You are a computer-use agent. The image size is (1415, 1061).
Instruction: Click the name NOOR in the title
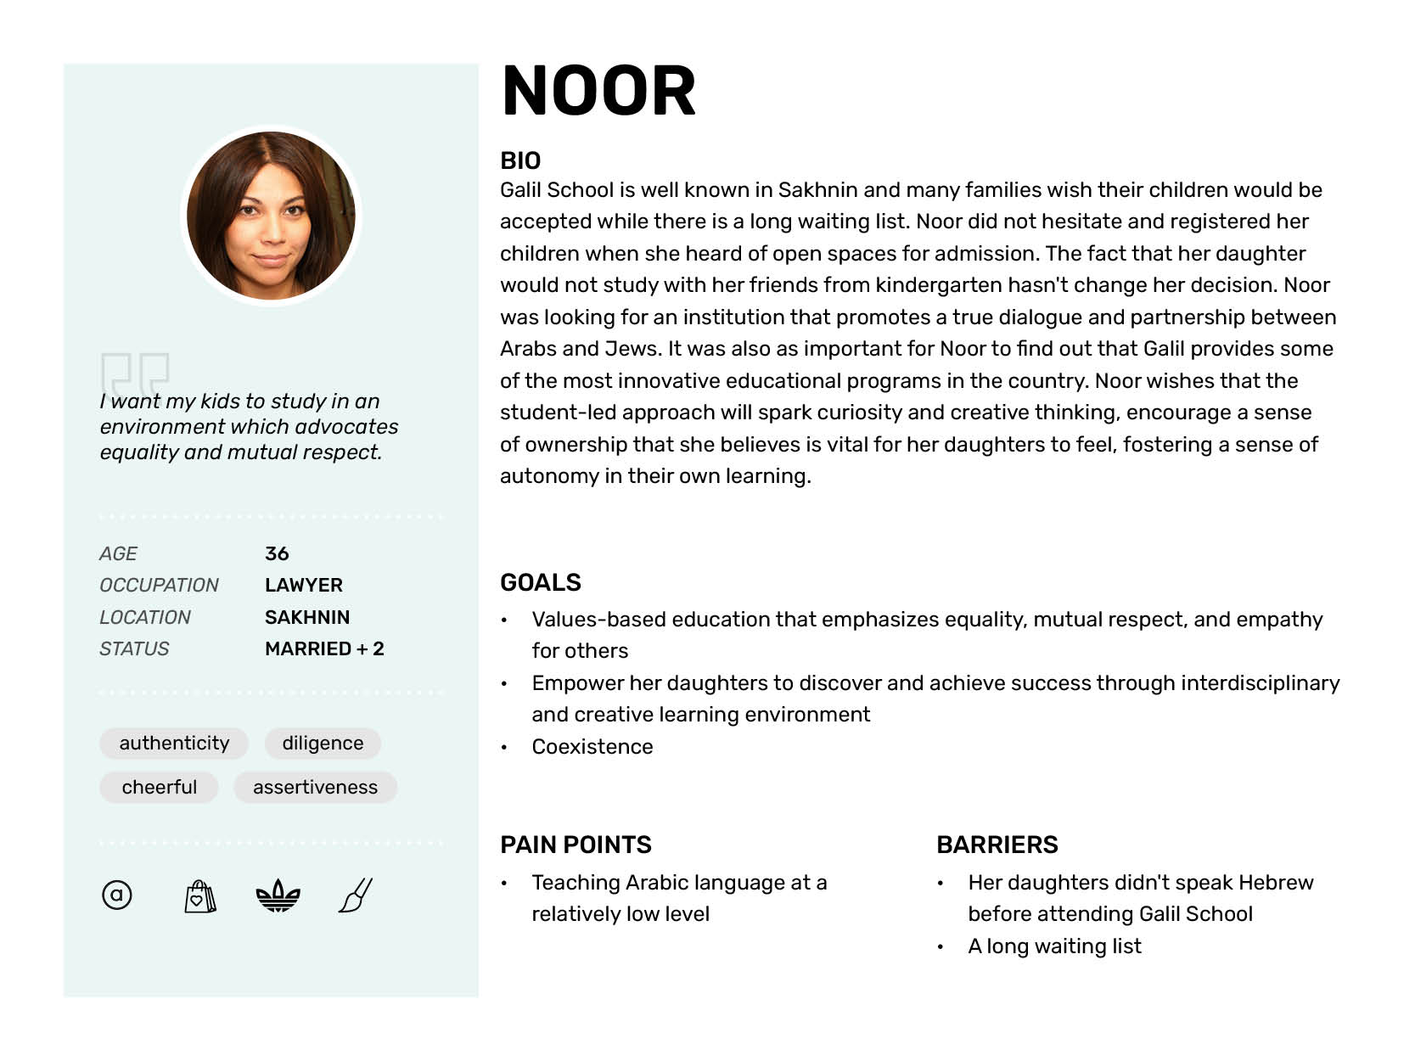coord(598,91)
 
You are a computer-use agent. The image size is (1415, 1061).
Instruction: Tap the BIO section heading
coord(520,160)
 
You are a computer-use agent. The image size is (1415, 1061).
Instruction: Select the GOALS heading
coord(541,582)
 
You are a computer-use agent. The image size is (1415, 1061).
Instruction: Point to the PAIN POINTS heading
coord(576,845)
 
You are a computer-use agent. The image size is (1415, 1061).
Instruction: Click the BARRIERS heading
coord(997,845)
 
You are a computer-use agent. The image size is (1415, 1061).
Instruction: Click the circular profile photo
coord(271,216)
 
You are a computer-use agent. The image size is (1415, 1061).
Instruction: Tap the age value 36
coord(277,553)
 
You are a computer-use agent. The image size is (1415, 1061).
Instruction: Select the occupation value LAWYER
coord(304,585)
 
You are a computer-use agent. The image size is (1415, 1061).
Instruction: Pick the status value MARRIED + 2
coord(324,648)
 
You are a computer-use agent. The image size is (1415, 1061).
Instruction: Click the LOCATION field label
coord(145,617)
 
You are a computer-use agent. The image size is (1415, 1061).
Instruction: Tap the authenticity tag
coord(174,743)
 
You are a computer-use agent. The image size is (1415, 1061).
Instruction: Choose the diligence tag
coord(323,743)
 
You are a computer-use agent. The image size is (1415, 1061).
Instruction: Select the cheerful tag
coord(159,787)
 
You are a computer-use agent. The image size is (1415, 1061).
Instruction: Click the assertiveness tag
coord(315,787)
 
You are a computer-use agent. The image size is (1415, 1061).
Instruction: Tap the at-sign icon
coord(117,895)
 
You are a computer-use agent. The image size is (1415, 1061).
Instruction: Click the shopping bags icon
coord(199,895)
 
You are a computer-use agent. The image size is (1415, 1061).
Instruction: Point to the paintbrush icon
coord(357,895)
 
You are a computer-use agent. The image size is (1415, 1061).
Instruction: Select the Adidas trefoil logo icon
coord(278,895)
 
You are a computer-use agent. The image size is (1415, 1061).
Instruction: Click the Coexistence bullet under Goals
coord(592,746)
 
